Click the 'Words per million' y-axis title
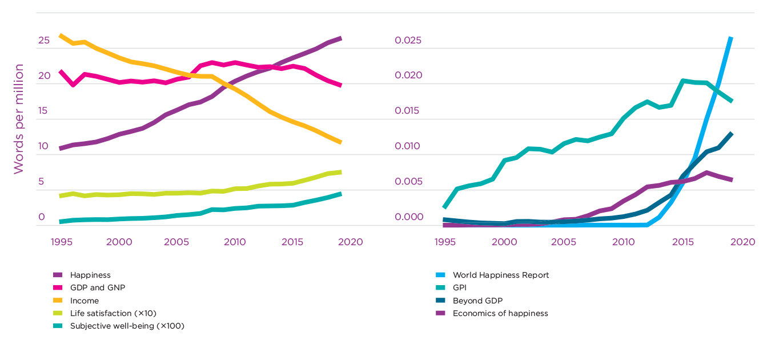19,119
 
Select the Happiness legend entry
90,275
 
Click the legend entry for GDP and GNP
97,288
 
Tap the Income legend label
85,301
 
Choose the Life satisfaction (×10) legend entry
113,313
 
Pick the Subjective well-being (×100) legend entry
127,326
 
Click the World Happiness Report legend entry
500,275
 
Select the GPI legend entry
459,288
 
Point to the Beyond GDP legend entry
477,301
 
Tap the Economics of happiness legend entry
500,313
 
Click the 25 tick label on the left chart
44,41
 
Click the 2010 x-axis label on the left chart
234,242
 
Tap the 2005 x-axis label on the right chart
563,242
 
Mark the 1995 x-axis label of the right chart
445,242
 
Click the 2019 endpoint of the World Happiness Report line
731,38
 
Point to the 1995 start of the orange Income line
61,35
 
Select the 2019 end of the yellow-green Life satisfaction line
341,172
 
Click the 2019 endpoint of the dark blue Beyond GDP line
732,133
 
